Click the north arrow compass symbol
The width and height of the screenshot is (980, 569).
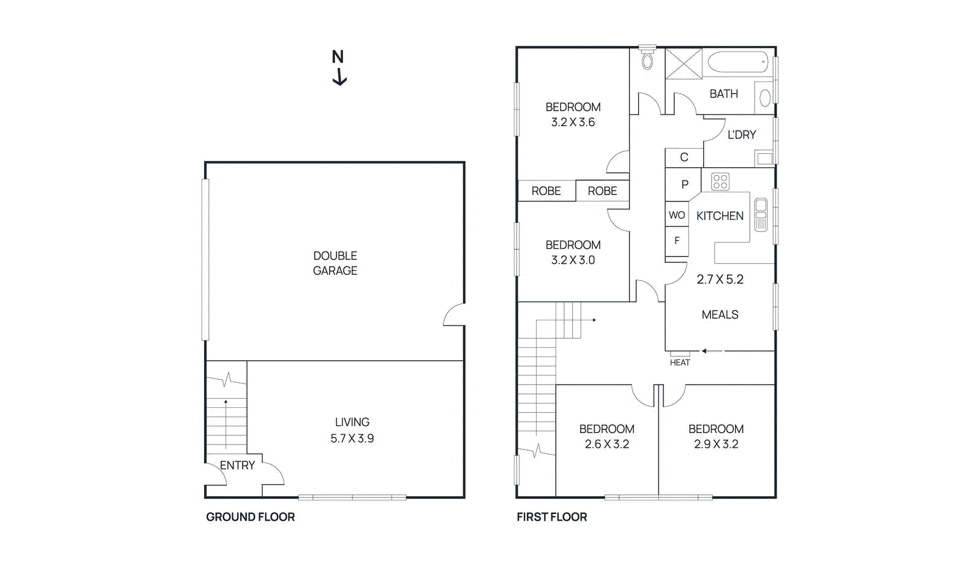click(x=339, y=67)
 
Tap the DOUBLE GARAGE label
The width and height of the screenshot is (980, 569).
click(x=335, y=263)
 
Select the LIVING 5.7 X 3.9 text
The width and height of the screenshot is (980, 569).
click(x=352, y=431)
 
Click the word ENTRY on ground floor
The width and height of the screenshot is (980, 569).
click(x=238, y=465)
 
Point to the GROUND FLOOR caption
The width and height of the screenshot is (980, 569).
click(x=251, y=517)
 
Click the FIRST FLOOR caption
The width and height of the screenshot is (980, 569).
click(x=552, y=517)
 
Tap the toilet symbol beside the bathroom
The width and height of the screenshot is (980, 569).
click(x=647, y=61)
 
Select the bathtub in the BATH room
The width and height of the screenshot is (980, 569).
click(x=737, y=62)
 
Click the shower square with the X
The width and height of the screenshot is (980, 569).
click(x=684, y=64)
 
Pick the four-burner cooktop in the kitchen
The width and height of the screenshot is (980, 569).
click(x=720, y=182)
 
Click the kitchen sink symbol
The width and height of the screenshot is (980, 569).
click(x=761, y=214)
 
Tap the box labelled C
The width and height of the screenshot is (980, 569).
click(x=684, y=157)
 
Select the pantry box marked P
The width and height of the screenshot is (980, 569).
click(x=685, y=184)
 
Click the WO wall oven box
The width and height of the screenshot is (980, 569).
click(x=677, y=215)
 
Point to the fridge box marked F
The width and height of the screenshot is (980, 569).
click(x=677, y=241)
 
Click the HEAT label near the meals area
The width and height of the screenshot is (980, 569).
click(x=680, y=363)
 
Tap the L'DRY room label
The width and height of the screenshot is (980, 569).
click(x=742, y=135)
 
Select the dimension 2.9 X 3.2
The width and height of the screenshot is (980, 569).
click(x=716, y=444)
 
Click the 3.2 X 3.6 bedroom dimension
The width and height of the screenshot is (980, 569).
click(x=573, y=122)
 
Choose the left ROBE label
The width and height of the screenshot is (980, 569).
click(x=546, y=191)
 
